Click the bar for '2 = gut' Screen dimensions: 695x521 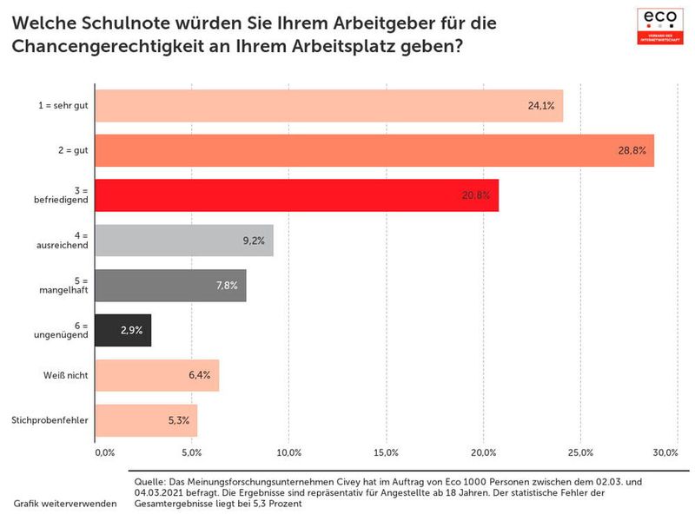[x=374, y=150]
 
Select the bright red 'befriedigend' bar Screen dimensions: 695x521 [x=295, y=195]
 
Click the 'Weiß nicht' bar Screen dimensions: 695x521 [x=156, y=376]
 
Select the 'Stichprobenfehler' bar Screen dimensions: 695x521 [x=145, y=421]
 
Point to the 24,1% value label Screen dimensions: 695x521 [x=540, y=106]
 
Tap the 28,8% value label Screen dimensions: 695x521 [x=631, y=151]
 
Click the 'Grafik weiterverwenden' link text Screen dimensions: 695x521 [x=65, y=504]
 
